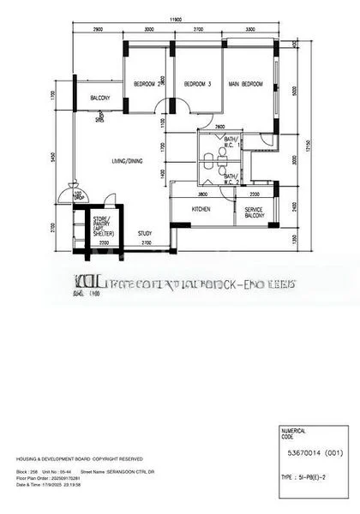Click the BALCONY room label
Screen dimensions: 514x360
pyautogui.click(x=101, y=98)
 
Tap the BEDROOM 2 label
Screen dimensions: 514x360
pyautogui.click(x=147, y=83)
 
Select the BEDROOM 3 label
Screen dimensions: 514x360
pyautogui.click(x=197, y=83)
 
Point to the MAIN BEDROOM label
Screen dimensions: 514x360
pyautogui.click(x=245, y=83)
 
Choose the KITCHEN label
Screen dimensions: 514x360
pyautogui.click(x=201, y=209)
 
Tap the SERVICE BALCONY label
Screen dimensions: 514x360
pyautogui.click(x=254, y=212)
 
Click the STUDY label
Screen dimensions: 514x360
pyautogui.click(x=145, y=232)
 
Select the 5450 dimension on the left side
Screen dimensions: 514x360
pyautogui.click(x=53, y=157)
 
